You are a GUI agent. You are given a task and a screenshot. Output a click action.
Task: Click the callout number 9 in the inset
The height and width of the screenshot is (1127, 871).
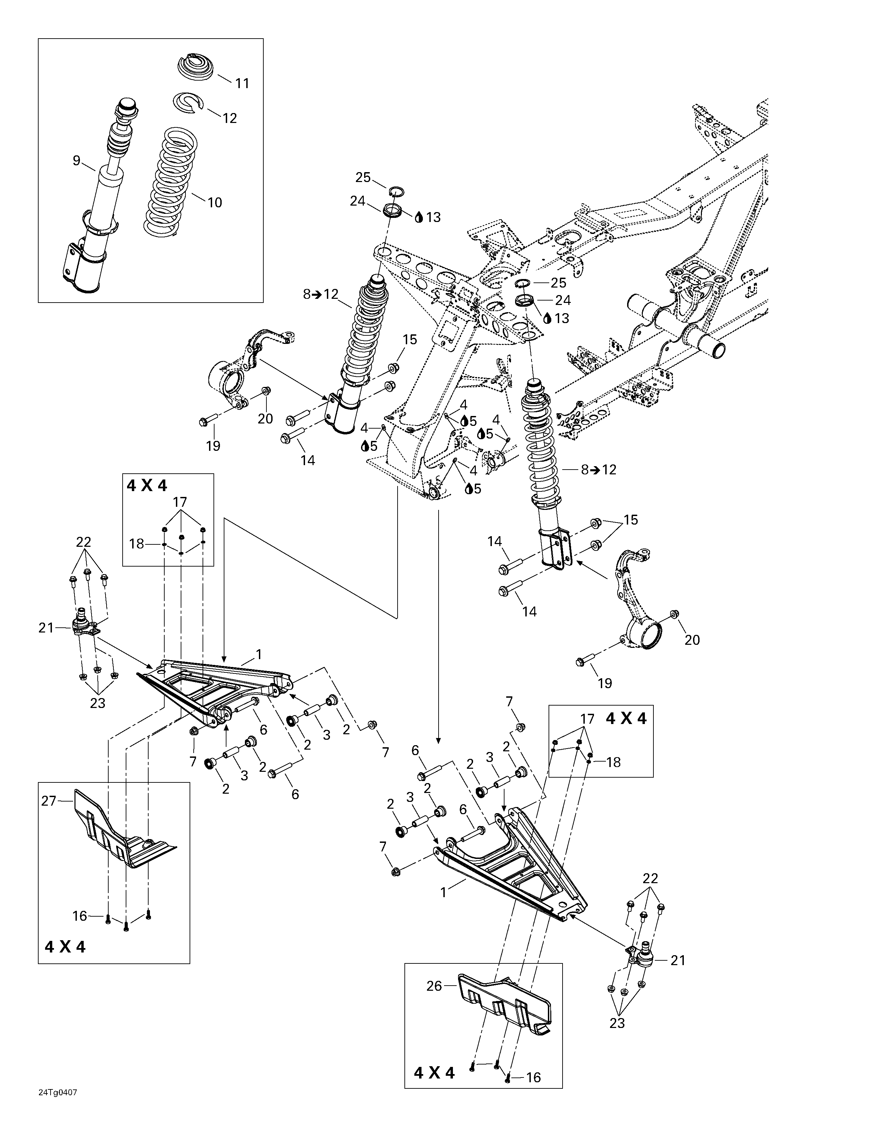click(77, 161)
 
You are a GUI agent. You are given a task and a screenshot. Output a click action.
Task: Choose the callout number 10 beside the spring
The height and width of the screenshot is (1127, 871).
click(214, 202)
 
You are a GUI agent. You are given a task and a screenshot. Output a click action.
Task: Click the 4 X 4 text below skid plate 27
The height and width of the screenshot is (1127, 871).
click(65, 946)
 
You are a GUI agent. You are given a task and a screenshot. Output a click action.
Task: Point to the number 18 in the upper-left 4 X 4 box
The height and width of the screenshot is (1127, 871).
click(137, 544)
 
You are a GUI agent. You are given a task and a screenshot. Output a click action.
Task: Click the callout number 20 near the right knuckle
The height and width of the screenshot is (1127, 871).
click(692, 640)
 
